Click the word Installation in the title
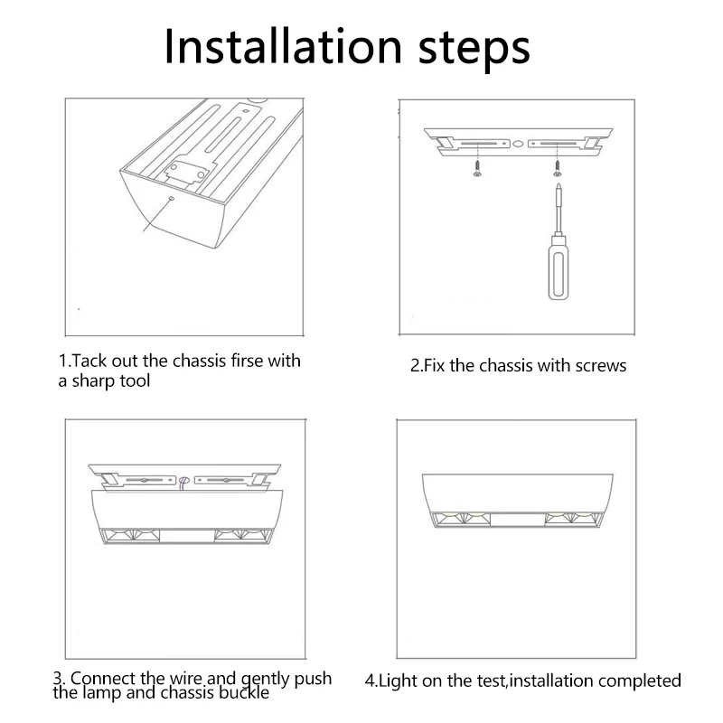(x=283, y=47)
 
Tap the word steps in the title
(x=474, y=50)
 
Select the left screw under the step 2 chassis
(x=478, y=168)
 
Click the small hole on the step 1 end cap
(x=172, y=199)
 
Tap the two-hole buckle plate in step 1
(x=188, y=172)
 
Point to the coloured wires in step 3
(x=183, y=483)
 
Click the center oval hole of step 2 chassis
(x=518, y=145)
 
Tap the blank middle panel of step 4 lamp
(x=517, y=519)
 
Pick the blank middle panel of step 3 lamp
(x=187, y=536)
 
